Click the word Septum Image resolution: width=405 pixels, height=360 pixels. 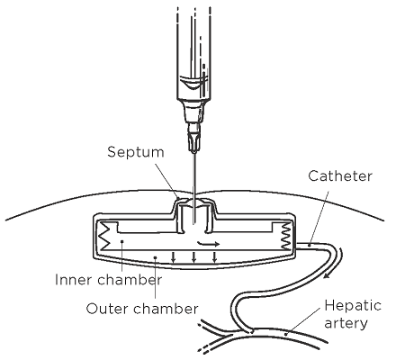(x=136, y=152)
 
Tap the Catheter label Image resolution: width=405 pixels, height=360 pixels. (x=340, y=176)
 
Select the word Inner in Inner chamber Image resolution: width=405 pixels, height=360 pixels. (x=74, y=280)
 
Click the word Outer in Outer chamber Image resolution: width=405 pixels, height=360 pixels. (x=106, y=309)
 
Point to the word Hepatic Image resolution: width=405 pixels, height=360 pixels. (x=353, y=306)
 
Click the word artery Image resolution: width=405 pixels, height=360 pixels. (x=346, y=323)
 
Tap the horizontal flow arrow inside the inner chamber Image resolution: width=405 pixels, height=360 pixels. (x=209, y=243)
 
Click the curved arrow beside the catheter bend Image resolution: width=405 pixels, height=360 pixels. (x=335, y=264)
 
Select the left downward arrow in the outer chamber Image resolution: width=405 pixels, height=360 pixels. (x=173, y=257)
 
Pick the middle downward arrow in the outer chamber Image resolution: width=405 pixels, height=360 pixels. (x=193, y=257)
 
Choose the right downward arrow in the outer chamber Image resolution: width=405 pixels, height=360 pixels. (x=214, y=257)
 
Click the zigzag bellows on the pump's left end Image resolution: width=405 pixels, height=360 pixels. (x=106, y=236)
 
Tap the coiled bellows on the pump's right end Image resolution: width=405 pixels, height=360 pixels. (x=285, y=236)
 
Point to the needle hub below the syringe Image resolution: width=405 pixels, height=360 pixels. (x=193, y=138)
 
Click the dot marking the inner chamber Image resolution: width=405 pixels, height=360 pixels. (x=121, y=241)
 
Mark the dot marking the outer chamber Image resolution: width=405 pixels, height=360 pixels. (x=155, y=257)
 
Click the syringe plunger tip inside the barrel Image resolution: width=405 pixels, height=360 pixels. (x=193, y=83)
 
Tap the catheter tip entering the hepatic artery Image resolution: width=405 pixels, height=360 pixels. (x=249, y=330)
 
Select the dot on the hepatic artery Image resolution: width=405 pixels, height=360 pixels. (x=285, y=333)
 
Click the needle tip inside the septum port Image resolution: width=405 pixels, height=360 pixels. (x=194, y=222)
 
